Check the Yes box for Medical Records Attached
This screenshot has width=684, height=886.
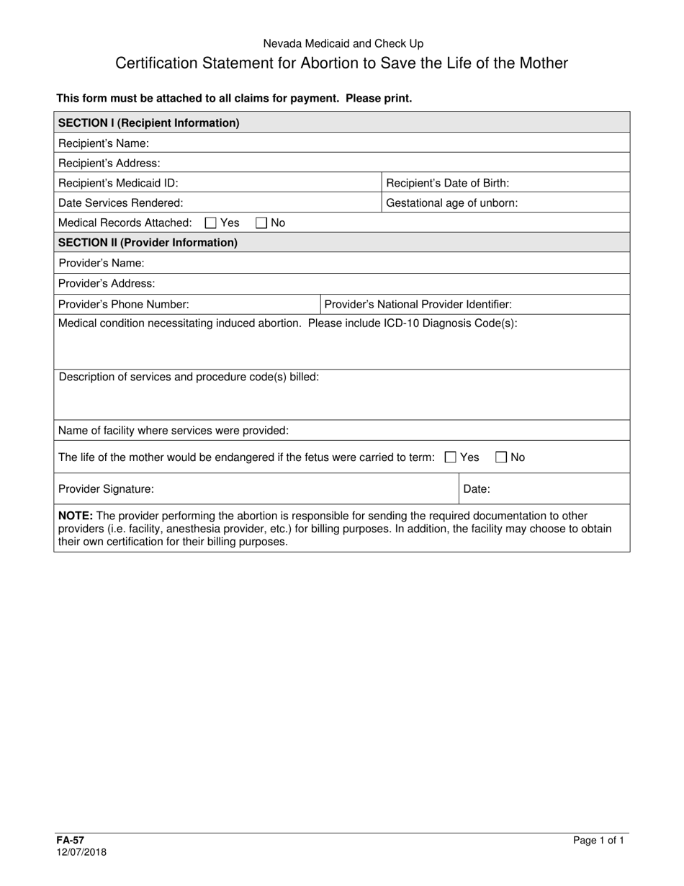(x=210, y=223)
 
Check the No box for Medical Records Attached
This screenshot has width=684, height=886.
(x=261, y=223)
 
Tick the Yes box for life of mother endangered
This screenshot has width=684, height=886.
(x=451, y=457)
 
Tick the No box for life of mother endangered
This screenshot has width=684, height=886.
(x=501, y=457)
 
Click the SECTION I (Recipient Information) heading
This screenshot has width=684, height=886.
(x=148, y=122)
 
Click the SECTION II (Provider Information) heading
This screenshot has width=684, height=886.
(x=148, y=243)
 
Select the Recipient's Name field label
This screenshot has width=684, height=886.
(x=103, y=143)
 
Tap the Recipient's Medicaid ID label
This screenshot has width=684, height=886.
(x=118, y=183)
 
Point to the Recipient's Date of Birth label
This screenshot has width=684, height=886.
(x=447, y=183)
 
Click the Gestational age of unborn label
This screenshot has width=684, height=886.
(x=451, y=203)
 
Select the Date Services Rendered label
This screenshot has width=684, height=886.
(x=120, y=203)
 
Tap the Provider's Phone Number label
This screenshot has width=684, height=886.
(x=123, y=305)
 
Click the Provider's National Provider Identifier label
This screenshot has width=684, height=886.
(x=418, y=305)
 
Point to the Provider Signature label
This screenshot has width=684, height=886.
(x=106, y=489)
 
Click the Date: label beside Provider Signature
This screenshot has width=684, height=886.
(x=477, y=489)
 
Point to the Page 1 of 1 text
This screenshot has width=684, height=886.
(x=598, y=840)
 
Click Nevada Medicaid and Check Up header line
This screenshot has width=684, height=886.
(x=342, y=44)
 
